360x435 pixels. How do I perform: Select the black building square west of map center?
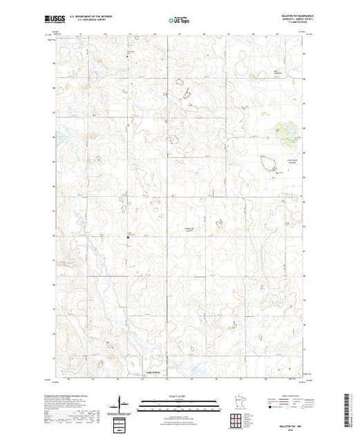point(128,240)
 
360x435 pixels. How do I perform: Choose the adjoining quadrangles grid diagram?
point(239,417)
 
